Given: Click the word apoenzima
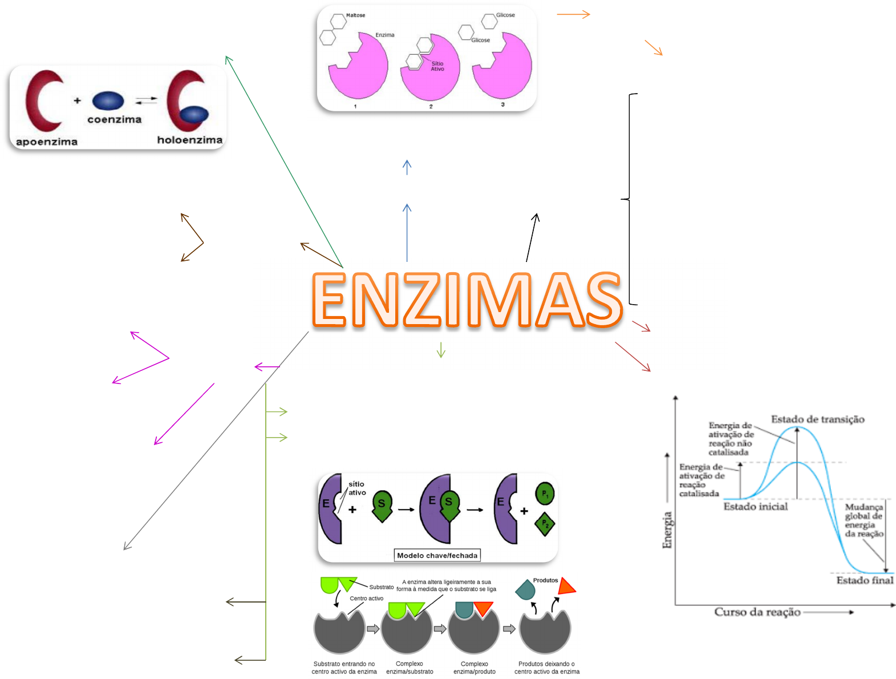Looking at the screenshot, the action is click(47, 142).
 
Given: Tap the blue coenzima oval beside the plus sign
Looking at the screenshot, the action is click(108, 100).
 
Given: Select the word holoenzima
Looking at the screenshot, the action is click(190, 140).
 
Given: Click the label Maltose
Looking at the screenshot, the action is click(355, 15).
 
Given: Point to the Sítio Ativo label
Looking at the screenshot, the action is click(437, 66).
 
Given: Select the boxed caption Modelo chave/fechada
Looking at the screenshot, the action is click(437, 555).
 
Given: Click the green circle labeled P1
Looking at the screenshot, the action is click(545, 493).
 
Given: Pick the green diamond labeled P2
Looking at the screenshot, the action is click(545, 524).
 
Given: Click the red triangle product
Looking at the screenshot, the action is click(566, 587).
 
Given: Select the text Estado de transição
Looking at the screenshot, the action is click(817, 419).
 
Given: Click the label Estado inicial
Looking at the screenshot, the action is click(755, 506).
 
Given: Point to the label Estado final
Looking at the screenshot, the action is click(865, 580).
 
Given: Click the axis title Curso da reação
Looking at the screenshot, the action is click(757, 612).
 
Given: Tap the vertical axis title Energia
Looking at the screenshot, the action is click(667, 530).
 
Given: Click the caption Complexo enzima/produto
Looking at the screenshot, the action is click(474, 668).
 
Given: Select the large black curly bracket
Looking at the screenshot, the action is click(629, 199).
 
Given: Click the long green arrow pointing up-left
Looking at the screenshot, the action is click(284, 161).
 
